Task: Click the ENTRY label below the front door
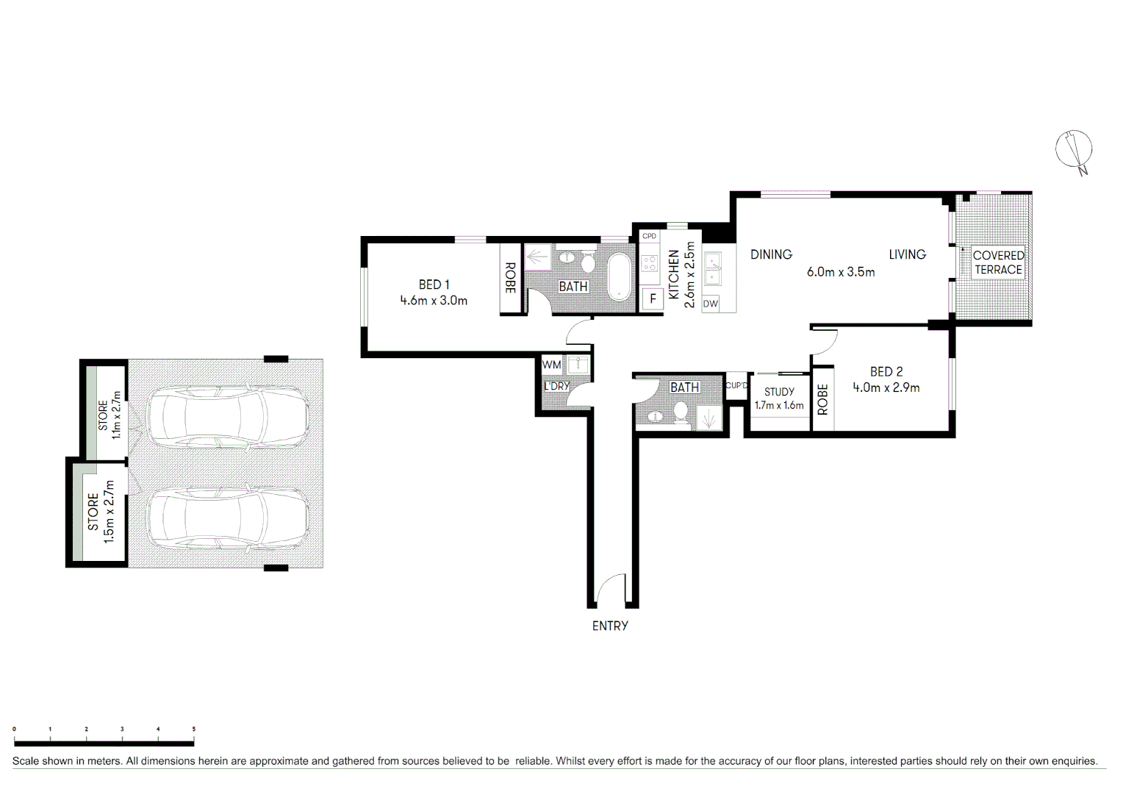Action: pos(610,626)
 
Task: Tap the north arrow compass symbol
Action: pos(1074,151)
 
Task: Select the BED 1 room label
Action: pos(434,285)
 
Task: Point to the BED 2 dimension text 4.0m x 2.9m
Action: pos(886,387)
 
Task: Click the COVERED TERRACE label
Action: pos(998,262)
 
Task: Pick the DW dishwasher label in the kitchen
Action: pos(710,304)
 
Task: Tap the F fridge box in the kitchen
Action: pos(652,299)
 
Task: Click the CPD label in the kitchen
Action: pos(649,236)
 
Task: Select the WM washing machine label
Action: pos(551,365)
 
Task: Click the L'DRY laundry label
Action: pos(556,386)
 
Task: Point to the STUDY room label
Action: pos(779,392)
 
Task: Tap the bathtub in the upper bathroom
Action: pos(620,277)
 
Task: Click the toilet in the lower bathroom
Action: pos(681,412)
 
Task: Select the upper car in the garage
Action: pos(228,417)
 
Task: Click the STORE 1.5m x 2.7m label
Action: pos(101,512)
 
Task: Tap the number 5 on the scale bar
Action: pos(194,729)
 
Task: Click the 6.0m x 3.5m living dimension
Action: pos(841,272)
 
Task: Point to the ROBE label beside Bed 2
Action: pos(822,399)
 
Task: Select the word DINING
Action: pos(771,254)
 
